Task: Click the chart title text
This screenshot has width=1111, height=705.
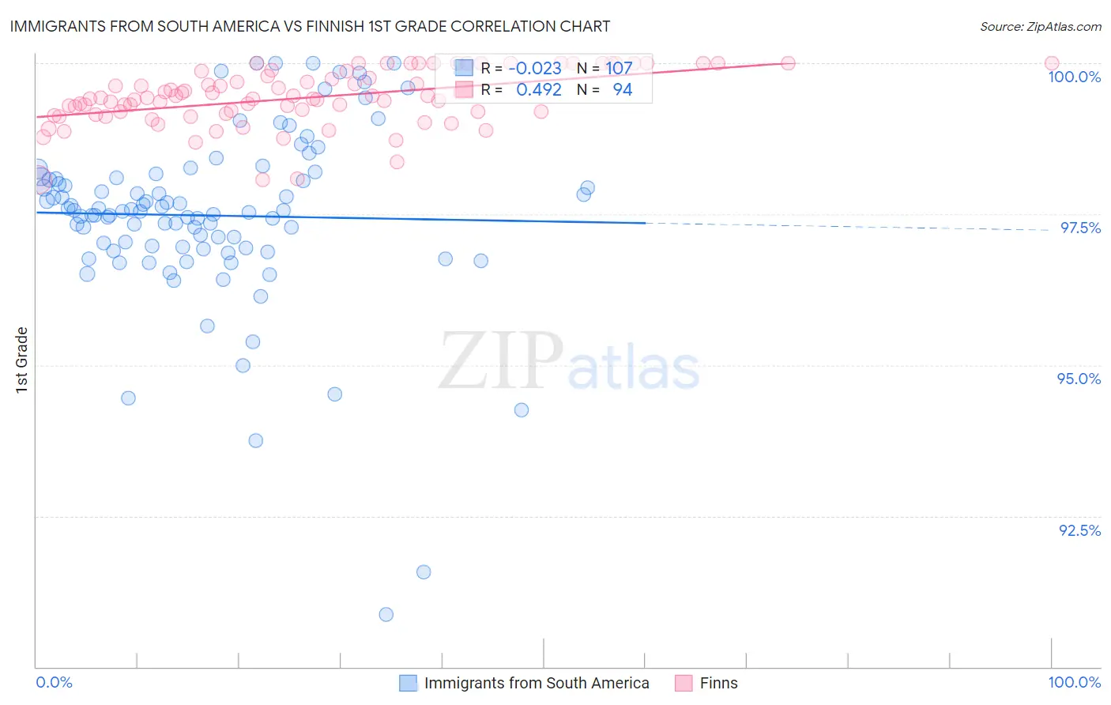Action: [x=310, y=26]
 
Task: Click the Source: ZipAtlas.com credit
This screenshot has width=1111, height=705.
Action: [x=1040, y=26]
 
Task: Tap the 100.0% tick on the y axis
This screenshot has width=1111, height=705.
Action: [x=1074, y=77]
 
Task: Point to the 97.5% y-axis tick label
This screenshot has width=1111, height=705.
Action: [x=1079, y=228]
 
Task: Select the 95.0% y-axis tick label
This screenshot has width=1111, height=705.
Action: [x=1079, y=379]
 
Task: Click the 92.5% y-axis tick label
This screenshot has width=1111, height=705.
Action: [x=1079, y=530]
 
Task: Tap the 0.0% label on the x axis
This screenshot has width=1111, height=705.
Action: [x=54, y=682]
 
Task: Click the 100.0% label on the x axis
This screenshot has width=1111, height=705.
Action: [x=1074, y=682]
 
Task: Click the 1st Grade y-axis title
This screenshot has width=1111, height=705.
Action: [x=22, y=360]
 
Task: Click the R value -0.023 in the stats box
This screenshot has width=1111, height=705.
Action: [x=535, y=68]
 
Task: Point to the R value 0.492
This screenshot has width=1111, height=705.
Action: [x=538, y=89]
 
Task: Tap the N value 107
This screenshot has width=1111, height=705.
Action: [x=619, y=68]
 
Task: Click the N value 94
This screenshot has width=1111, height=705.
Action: [x=622, y=89]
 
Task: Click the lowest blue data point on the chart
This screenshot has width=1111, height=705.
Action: [x=386, y=614]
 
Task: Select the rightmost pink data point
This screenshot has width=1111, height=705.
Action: [x=1051, y=63]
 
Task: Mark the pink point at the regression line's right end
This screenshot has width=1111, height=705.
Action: [x=788, y=63]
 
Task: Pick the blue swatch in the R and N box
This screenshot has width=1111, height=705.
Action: [x=464, y=68]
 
